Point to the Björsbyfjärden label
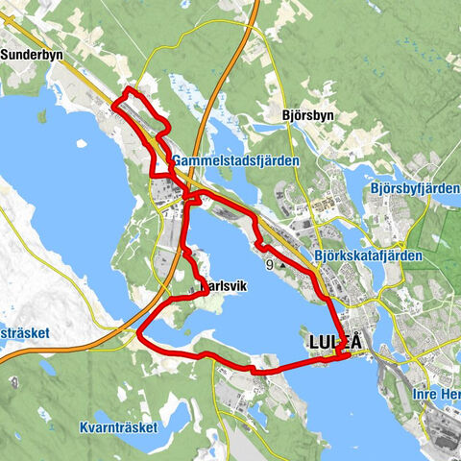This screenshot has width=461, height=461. (413, 188)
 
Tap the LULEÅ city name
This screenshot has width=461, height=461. (342, 341)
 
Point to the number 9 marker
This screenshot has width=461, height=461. (270, 264)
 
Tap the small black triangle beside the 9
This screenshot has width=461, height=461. (282, 265)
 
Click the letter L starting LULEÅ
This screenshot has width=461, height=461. (315, 341)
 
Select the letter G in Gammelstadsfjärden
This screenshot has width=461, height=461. (180, 160)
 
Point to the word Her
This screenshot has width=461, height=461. (449, 394)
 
